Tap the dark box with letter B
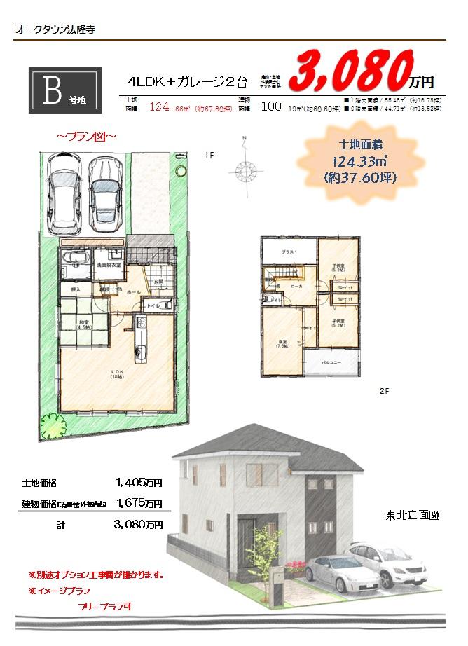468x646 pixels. click(x=65, y=90)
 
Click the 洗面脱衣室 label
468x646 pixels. click(x=109, y=265)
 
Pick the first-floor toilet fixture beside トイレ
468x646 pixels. click(x=165, y=306)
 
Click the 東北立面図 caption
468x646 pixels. click(x=412, y=515)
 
